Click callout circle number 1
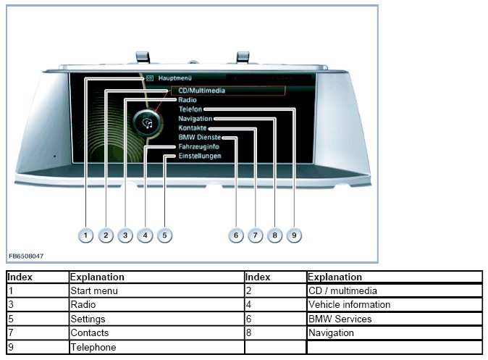86,235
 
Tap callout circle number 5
164,235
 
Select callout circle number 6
235,235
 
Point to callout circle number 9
294,235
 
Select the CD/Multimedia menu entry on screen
201,91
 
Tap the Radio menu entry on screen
188,100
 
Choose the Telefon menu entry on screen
190,109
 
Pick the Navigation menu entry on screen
195,118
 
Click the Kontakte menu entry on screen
193,127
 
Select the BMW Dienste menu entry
200,137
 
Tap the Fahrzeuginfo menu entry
199,146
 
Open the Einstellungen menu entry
200,156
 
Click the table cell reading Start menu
94,291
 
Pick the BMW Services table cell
340,319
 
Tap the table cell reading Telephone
93,347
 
